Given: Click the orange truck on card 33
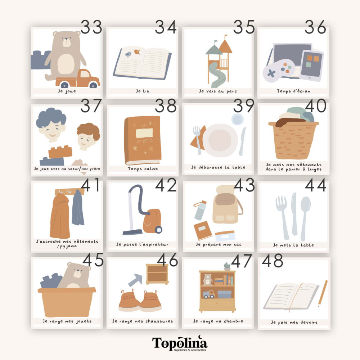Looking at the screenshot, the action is (x=78, y=79).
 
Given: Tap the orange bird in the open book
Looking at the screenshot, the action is (x=137, y=52).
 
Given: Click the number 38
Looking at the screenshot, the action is (x=166, y=106).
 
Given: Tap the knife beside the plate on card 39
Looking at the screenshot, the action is (x=242, y=141).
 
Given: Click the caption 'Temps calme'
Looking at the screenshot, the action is (x=143, y=169).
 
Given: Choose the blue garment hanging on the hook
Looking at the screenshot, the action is (x=78, y=208).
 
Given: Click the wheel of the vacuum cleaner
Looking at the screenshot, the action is (x=158, y=230).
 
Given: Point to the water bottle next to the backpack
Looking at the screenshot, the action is (x=200, y=210).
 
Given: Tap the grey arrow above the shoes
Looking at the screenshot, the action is (x=136, y=280).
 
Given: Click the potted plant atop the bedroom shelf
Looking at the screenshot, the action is (x=227, y=266).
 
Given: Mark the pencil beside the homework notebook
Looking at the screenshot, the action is (x=323, y=293).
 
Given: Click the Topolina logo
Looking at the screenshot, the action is (x=180, y=343).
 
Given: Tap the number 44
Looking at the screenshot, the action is (x=315, y=185).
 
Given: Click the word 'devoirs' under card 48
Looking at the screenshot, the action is (x=309, y=322).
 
